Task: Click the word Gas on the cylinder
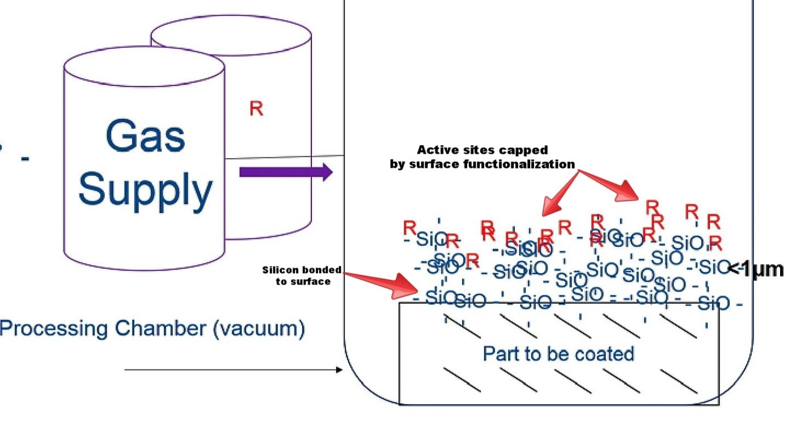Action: (145, 137)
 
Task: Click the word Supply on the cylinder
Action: (145, 190)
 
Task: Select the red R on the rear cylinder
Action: (256, 109)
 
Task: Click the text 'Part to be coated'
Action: (558, 354)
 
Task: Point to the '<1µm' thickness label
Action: (756, 269)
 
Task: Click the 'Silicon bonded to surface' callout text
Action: (302, 275)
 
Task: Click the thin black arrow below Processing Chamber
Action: (232, 369)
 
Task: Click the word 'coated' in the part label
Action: (605, 354)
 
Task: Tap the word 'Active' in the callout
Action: (436, 150)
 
